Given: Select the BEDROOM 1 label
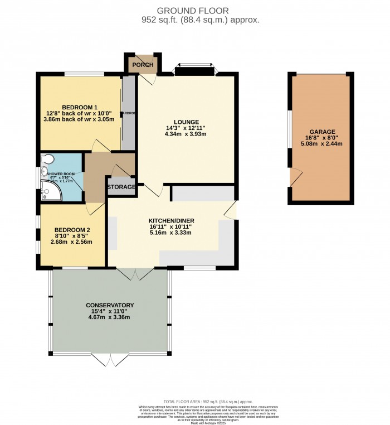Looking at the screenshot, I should click(x=80, y=107).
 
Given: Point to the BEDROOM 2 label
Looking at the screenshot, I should click(x=72, y=230).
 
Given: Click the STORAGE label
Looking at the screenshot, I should click(x=121, y=187).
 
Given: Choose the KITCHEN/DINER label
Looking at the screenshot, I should click(x=171, y=221).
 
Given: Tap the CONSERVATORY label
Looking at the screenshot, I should click(x=110, y=305).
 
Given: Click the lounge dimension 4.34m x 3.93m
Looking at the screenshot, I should click(x=186, y=134).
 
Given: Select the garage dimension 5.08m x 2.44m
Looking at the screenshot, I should click(x=323, y=143).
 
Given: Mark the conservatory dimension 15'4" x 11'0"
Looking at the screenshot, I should click(x=110, y=311).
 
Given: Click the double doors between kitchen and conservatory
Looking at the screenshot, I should click(x=135, y=274).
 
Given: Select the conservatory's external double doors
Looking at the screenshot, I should click(x=106, y=360).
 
